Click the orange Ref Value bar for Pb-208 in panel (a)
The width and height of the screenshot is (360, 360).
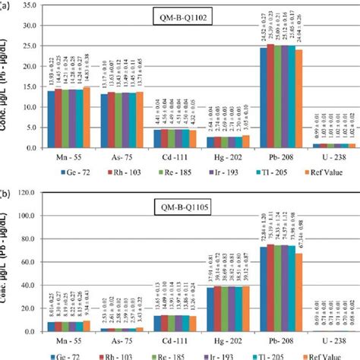[298, 98]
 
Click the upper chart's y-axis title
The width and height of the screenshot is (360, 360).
[8, 84]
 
